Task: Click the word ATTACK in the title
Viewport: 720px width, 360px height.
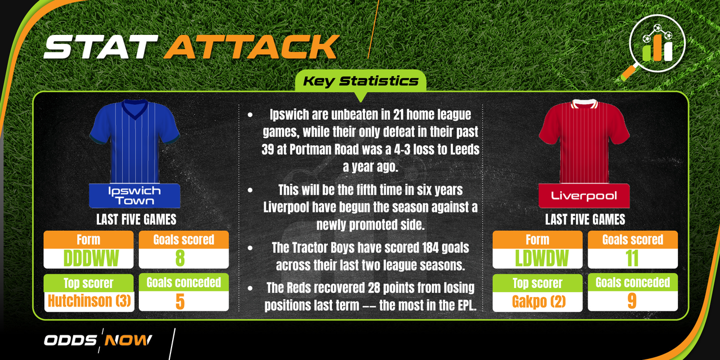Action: pyautogui.click(x=251, y=47)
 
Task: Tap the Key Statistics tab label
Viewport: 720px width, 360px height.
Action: pyautogui.click(x=361, y=81)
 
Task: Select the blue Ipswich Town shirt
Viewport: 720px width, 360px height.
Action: pyautogui.click(x=134, y=141)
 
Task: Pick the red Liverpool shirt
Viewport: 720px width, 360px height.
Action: pyautogui.click(x=584, y=141)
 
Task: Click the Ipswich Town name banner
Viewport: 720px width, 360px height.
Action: pyautogui.click(x=134, y=196)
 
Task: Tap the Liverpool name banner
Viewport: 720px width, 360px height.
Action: pyautogui.click(x=584, y=196)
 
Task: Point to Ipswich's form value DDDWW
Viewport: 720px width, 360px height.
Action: pyautogui.click(x=91, y=258)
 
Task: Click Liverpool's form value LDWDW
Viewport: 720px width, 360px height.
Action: pyautogui.click(x=542, y=258)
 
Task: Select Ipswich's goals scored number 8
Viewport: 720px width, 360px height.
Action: pyautogui.click(x=180, y=258)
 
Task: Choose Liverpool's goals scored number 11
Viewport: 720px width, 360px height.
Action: pyautogui.click(x=632, y=258)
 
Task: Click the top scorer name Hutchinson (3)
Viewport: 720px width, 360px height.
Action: pyautogui.click(x=89, y=301)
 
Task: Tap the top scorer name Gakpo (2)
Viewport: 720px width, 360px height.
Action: pyautogui.click(x=539, y=301)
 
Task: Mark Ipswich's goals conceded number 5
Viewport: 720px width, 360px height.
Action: pyautogui.click(x=180, y=301)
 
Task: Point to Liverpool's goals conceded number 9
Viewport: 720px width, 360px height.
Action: pyautogui.click(x=632, y=301)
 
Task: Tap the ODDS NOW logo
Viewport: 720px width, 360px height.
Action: pyautogui.click(x=98, y=340)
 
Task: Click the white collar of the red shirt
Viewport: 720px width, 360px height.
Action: pyautogui.click(x=584, y=103)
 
